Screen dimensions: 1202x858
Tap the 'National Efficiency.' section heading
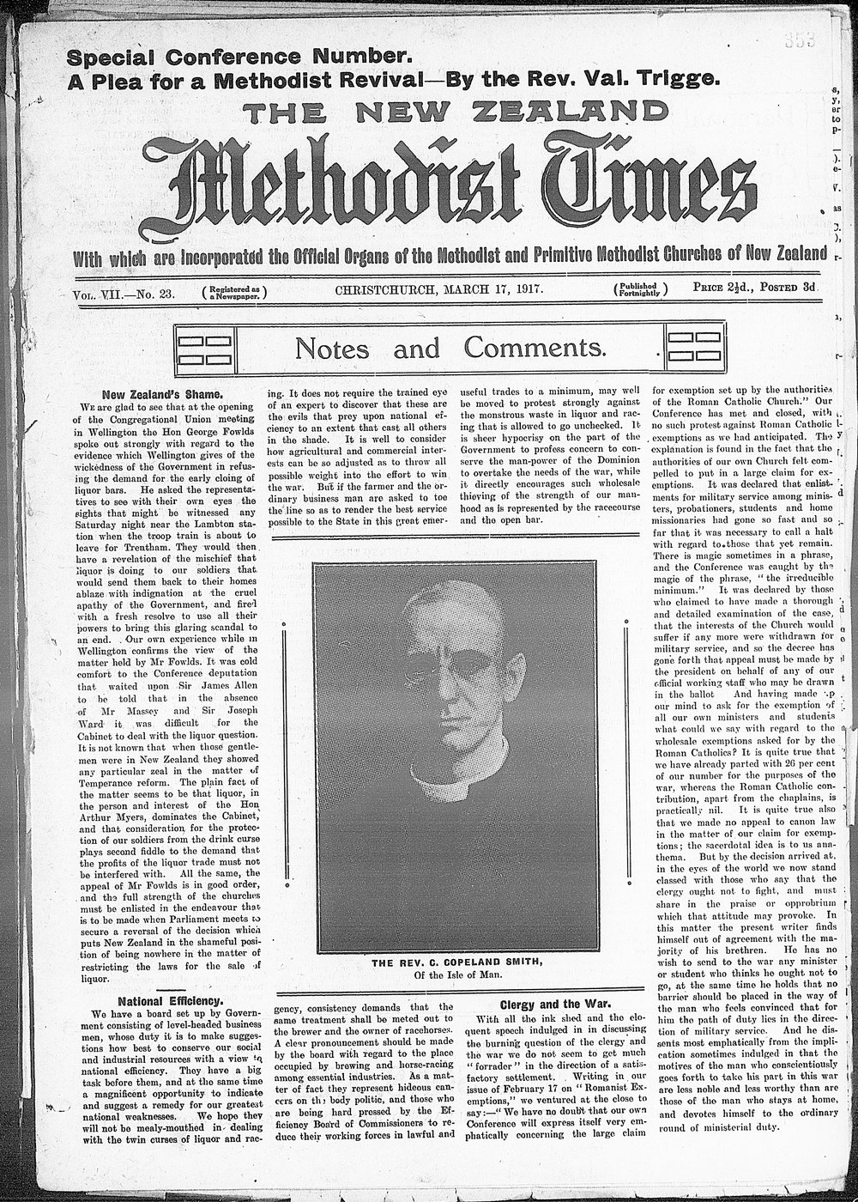point(170,1000)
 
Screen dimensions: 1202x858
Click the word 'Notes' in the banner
point(332,349)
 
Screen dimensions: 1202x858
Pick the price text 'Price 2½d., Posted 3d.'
point(757,290)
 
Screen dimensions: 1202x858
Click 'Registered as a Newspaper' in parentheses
point(234,292)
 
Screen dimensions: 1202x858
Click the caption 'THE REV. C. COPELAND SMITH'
point(456,962)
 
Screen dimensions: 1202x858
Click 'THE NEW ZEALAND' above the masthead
point(455,111)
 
